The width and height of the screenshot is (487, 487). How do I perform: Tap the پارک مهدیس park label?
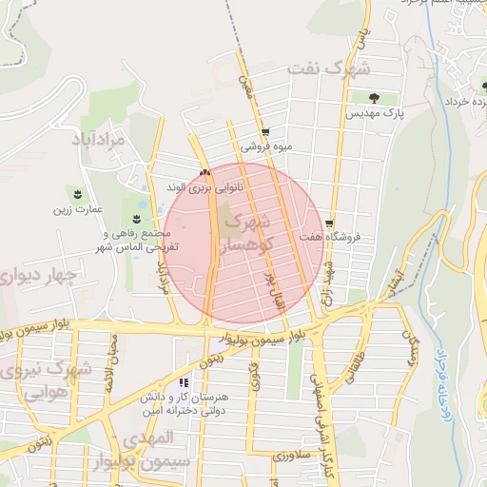pyautogui.click(x=374, y=113)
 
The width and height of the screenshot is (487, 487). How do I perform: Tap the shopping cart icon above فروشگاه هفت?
pyautogui.click(x=330, y=223)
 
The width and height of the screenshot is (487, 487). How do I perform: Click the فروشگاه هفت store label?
pyautogui.click(x=326, y=238)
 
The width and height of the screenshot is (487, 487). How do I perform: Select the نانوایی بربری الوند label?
pyautogui.click(x=205, y=188)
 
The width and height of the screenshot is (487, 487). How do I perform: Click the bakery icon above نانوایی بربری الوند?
pyautogui.click(x=205, y=173)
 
